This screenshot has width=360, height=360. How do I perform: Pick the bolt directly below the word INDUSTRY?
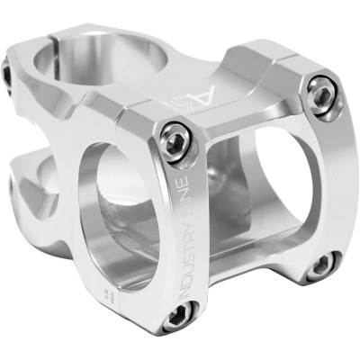[177, 314]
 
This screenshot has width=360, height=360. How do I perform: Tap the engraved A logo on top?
[202, 94]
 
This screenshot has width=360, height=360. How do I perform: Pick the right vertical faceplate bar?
[328, 180]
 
